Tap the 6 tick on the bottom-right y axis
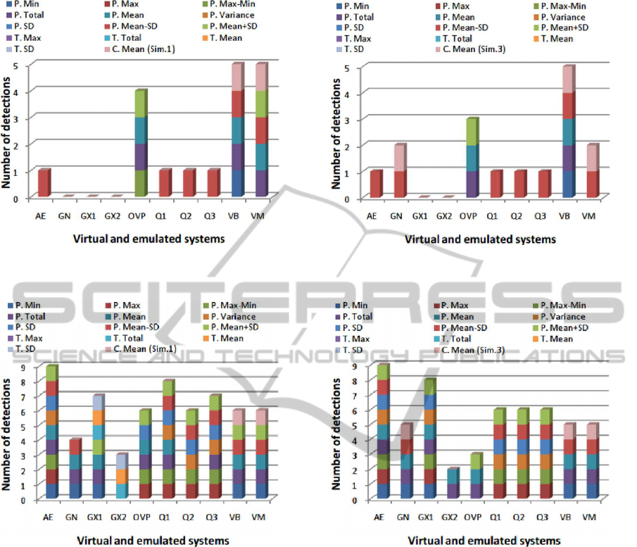tap(354, 410)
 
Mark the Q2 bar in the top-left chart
tap(188, 184)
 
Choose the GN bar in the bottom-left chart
tap(75, 470)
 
